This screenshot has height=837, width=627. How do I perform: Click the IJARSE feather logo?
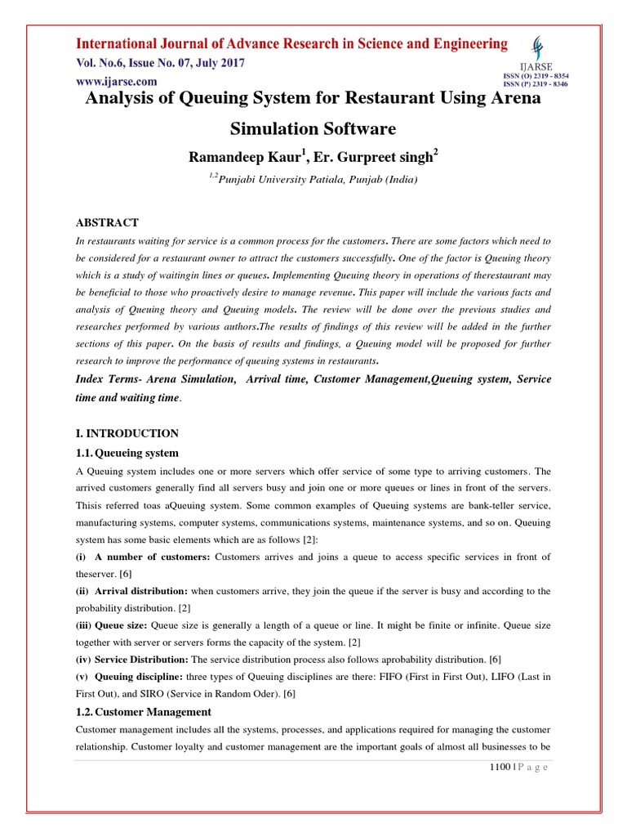pos(536,48)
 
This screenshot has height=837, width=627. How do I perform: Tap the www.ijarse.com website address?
pos(117,81)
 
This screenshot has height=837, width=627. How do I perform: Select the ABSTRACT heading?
pos(107,222)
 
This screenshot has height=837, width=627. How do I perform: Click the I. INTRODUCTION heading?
pos(127,433)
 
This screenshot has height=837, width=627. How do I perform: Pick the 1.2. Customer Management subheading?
pos(143,712)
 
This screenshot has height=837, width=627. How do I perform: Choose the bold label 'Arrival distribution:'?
pos(141,590)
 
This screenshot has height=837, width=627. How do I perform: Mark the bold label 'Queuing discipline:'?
pos(140,676)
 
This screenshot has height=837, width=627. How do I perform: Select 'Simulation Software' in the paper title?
pos(313,128)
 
